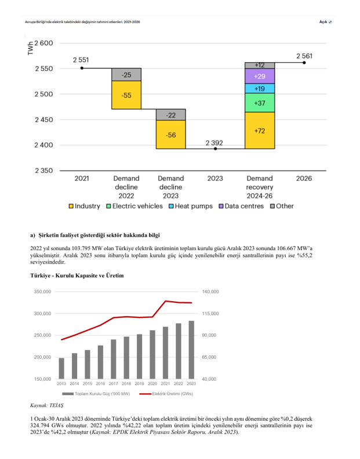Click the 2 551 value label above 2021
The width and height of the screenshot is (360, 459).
point(81,60)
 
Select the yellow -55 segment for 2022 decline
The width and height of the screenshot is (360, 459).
point(126,95)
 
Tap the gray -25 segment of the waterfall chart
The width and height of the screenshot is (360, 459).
point(126,75)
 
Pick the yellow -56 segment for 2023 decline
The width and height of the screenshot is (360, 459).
point(170,135)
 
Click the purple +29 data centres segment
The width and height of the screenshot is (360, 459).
point(260,77)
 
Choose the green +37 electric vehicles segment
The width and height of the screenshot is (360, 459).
point(260,103)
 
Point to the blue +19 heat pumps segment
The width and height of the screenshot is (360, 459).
point(260,89)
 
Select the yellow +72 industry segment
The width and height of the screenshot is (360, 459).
point(260,131)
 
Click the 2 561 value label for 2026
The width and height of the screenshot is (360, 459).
point(304,56)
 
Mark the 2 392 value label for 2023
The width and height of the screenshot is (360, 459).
point(214,142)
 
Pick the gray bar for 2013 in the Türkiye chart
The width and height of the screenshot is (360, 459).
point(61,368)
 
